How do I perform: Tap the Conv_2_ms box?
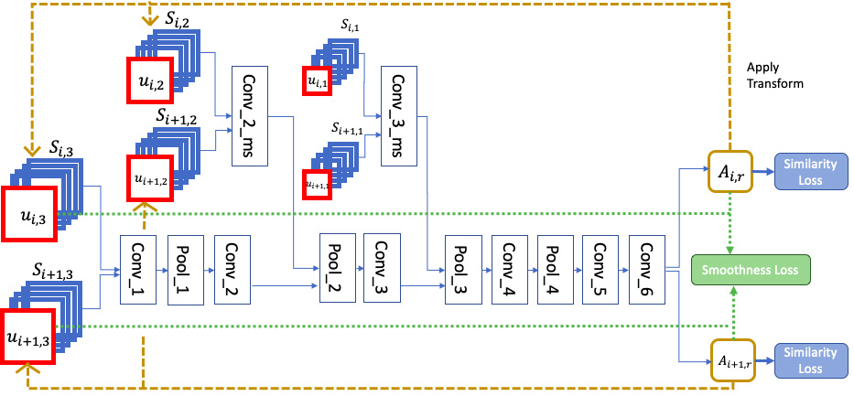(252, 115)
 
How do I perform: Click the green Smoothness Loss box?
(750, 270)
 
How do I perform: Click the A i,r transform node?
(730, 172)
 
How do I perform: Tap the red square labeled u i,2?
(152, 83)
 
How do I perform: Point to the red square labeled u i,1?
(317, 82)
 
